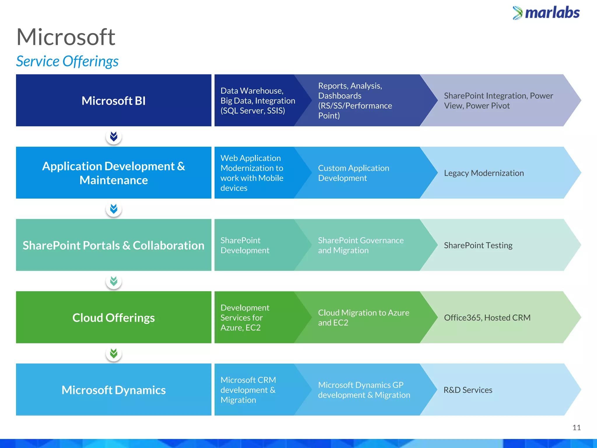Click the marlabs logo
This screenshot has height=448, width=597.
546,13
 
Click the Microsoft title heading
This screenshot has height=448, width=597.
66,37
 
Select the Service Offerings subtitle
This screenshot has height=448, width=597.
67,61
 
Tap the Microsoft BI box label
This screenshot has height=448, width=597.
113,101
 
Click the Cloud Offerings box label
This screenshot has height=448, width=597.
113,318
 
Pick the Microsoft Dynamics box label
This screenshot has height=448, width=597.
113,390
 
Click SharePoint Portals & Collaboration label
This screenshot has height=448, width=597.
113,245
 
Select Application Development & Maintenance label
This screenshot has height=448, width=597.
113,173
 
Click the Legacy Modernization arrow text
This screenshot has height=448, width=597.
484,173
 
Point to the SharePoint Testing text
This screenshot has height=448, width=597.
478,245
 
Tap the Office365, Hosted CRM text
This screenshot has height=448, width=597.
487,318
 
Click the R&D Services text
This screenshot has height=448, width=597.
468,390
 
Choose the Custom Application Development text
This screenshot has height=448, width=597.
353,173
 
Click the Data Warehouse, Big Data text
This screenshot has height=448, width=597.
258,101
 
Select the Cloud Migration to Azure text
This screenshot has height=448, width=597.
363,318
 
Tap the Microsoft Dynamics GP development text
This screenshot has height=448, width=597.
364,390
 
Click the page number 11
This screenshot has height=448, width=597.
576,428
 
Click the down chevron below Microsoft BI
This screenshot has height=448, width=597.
114,136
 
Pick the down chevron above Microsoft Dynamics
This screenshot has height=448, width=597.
114,353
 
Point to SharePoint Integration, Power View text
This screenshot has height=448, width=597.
498,101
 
